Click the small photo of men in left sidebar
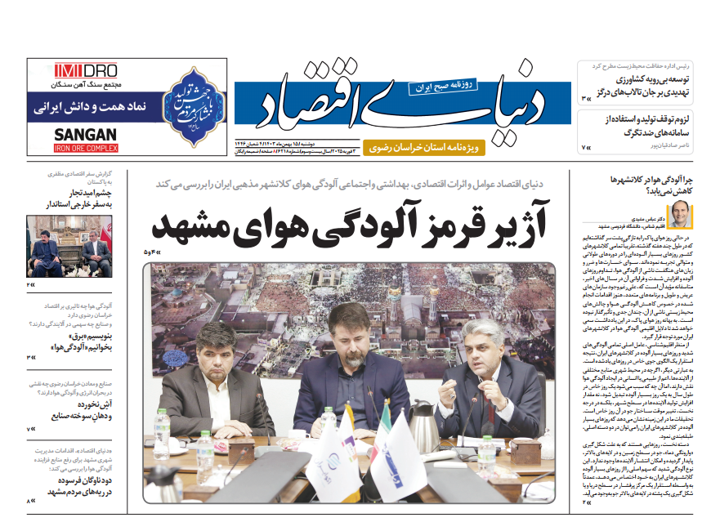click(x=68, y=246)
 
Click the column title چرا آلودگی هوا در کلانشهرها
click(x=653, y=185)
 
